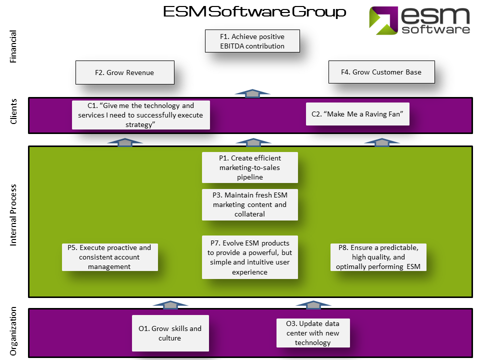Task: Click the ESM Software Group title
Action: point(254,12)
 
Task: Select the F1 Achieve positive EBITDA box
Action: point(252,41)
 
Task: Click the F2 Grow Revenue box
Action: point(124,72)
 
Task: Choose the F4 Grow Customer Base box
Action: point(381,72)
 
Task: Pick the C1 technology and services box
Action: point(141,115)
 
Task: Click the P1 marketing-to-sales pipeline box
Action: point(249,167)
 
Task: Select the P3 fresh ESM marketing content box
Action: point(249,204)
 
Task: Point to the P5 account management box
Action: point(110,257)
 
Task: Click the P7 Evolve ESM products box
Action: point(249,257)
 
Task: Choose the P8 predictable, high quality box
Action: point(378,257)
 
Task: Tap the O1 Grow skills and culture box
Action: point(170,333)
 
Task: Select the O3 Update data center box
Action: point(313,333)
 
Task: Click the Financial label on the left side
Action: point(13,46)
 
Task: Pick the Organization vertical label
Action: point(13,330)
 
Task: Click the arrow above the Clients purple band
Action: point(253,92)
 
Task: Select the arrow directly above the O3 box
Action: point(313,304)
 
